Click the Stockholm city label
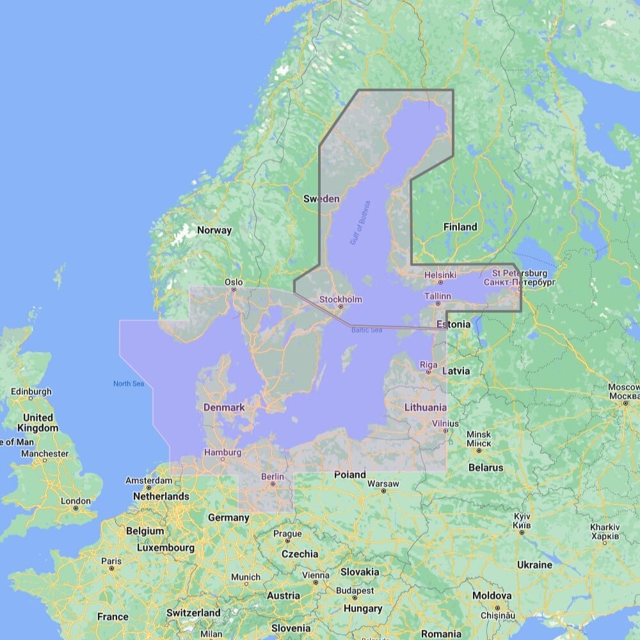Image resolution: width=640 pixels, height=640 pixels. coord(340,300)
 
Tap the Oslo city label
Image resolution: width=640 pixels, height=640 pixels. coord(234,282)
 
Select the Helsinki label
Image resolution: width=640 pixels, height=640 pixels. coord(440,275)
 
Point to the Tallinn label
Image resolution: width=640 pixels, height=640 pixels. coord(438,296)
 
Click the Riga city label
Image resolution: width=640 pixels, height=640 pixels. coord(429,365)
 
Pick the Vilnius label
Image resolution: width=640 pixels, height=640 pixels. coord(445,423)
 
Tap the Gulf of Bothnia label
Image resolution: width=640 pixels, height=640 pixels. coord(360,223)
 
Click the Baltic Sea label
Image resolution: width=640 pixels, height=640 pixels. coord(366,330)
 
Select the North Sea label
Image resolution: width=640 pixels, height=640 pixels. coord(129,383)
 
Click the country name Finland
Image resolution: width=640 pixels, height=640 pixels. coord(460,227)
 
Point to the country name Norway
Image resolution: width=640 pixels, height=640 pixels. coord(214,230)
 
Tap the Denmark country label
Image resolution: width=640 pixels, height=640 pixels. coord(224,407)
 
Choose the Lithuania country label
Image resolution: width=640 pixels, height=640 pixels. coord(426,407)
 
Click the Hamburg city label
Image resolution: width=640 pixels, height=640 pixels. coord(223,452)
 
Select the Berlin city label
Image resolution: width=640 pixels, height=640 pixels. coord(273,476)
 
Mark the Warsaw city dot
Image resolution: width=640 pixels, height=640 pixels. coord(383,491)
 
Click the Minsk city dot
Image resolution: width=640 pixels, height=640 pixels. coord(479,451)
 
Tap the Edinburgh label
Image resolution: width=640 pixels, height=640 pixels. coord(31,391)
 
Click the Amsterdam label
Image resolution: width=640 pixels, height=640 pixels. coord(149,481)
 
